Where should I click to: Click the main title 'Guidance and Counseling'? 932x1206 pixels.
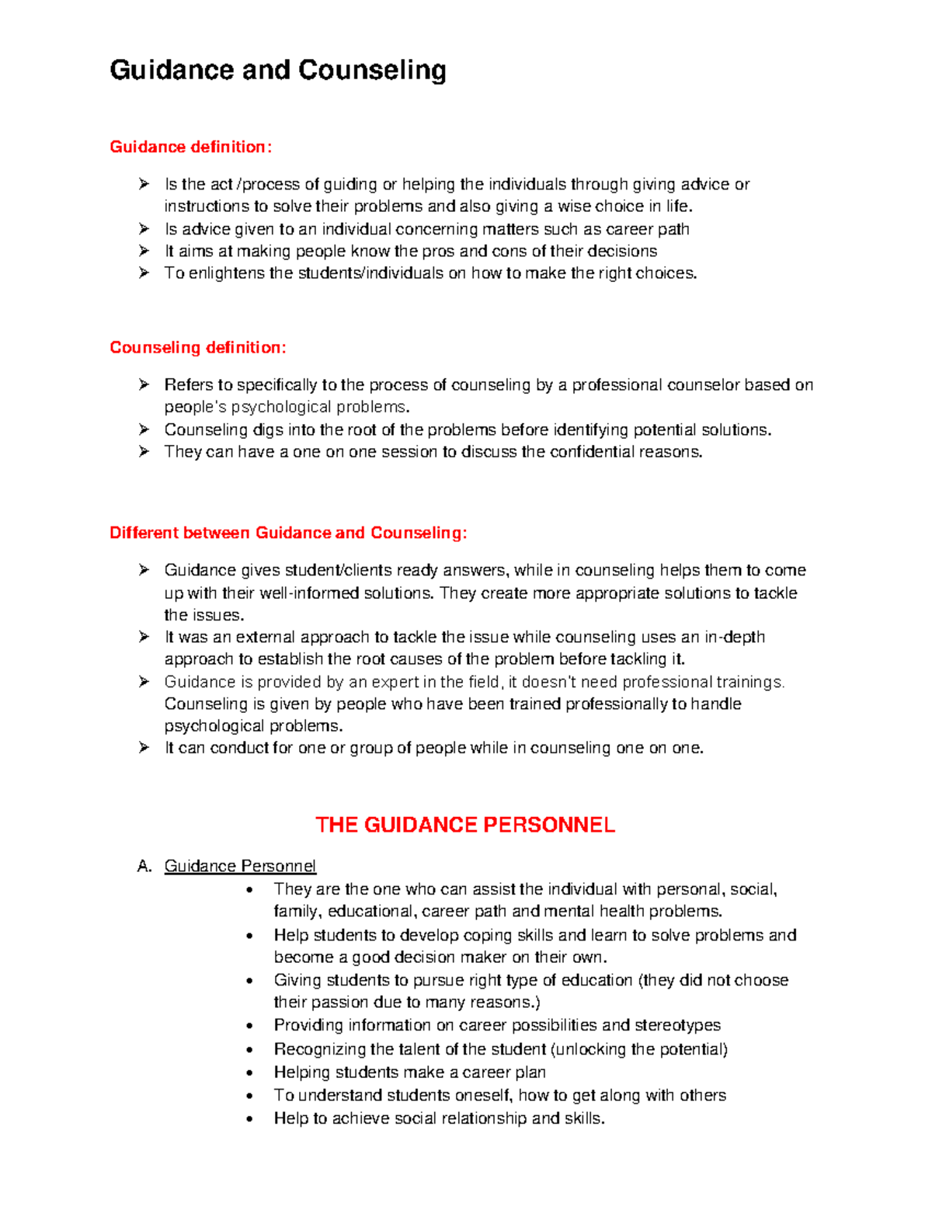pyautogui.click(x=278, y=71)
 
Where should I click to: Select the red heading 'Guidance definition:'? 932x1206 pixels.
pyautogui.click(x=191, y=147)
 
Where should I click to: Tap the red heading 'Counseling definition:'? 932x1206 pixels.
pyautogui.click(x=198, y=347)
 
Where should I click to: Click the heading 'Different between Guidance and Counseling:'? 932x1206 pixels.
pyautogui.click(x=288, y=533)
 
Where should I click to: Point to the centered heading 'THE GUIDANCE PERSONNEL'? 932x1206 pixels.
pyautogui.click(x=465, y=825)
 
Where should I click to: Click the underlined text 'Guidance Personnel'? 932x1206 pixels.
pyautogui.click(x=240, y=866)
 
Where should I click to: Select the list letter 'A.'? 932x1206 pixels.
pyautogui.click(x=144, y=866)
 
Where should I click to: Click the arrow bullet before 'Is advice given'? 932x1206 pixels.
pyautogui.click(x=144, y=229)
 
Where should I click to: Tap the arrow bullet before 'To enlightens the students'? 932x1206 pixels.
pyautogui.click(x=144, y=273)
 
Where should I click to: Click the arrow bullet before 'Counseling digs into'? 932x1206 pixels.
pyautogui.click(x=144, y=429)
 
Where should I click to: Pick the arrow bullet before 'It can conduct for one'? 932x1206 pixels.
pyautogui.click(x=144, y=748)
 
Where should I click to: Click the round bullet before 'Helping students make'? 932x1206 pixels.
pyautogui.click(x=249, y=1073)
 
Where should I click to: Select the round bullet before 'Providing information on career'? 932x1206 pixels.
pyautogui.click(x=249, y=1027)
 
